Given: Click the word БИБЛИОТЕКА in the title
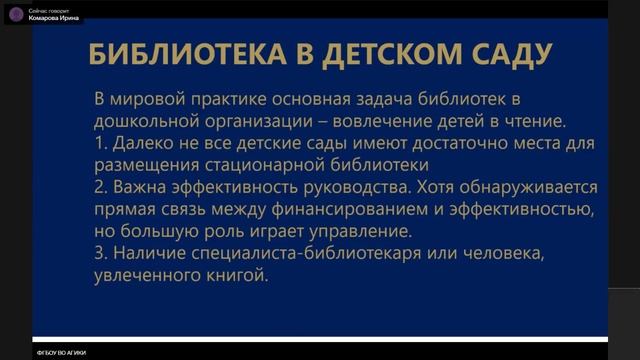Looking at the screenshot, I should click(178, 54).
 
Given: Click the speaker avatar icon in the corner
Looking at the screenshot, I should click(16, 14).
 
